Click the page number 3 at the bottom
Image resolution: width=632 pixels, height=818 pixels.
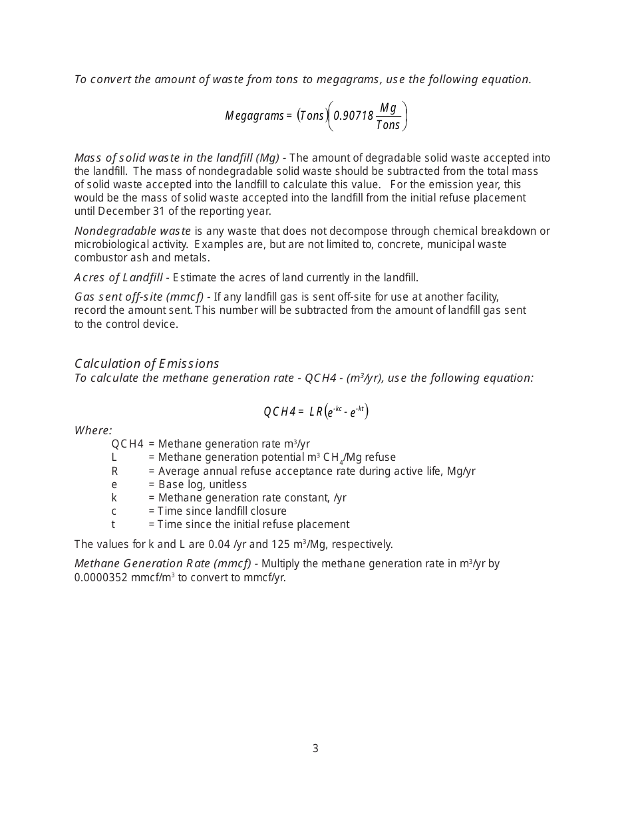pyautogui.click(x=315, y=748)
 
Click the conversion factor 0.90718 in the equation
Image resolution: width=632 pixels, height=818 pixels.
pyautogui.click(x=353, y=116)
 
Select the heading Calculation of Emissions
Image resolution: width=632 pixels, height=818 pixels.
pyautogui.click(x=146, y=363)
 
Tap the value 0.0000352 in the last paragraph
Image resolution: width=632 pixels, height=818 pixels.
pyautogui.click(x=100, y=577)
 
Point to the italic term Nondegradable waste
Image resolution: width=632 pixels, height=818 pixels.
pyautogui.click(x=132, y=231)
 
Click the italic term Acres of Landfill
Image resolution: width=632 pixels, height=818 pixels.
pyautogui.click(x=118, y=277)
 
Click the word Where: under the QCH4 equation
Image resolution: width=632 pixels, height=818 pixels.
pyautogui.click(x=93, y=430)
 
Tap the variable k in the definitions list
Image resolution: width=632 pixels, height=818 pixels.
pyautogui.click(x=114, y=497)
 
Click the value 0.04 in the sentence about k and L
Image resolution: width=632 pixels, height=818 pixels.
pyautogui.click(x=219, y=544)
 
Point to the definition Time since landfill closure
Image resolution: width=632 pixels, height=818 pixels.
pyautogui.click(x=222, y=511)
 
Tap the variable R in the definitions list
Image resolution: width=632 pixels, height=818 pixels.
pyautogui.click(x=114, y=471)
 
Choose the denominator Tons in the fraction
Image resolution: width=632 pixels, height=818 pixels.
pyautogui.click(x=388, y=125)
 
